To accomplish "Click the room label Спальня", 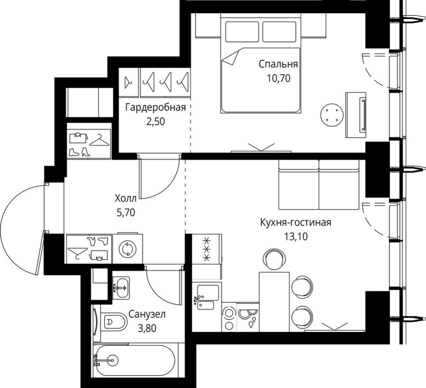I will (278, 64).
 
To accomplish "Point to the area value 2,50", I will (155, 121).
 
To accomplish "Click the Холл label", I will (125, 198).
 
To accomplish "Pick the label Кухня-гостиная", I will (295, 222).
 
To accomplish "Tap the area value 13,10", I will (295, 236).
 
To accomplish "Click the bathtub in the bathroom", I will (135, 360).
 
